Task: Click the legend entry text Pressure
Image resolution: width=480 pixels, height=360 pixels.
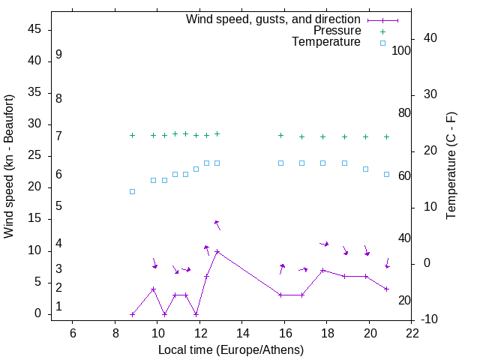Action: click(x=337, y=31)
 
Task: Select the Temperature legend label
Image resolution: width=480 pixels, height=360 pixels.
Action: click(x=326, y=43)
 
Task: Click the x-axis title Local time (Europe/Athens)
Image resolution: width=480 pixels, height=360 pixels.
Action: click(x=231, y=350)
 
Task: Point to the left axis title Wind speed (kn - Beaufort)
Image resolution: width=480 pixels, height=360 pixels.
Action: click(x=9, y=166)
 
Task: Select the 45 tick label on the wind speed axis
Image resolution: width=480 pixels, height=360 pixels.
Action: click(x=34, y=29)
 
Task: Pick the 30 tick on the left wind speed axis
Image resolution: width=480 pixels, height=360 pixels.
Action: click(x=34, y=124)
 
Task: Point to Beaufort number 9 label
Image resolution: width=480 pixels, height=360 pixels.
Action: click(x=58, y=55)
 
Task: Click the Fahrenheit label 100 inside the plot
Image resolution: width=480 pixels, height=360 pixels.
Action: click(x=401, y=51)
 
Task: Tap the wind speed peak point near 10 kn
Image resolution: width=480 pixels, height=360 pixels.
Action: click(x=217, y=251)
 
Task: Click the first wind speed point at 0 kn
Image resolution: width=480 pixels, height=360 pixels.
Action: click(x=132, y=314)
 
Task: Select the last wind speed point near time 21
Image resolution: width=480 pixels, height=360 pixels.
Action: click(x=386, y=289)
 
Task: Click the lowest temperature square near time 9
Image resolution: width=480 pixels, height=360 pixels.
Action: click(x=132, y=191)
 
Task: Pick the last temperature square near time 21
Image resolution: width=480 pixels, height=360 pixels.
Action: click(x=386, y=174)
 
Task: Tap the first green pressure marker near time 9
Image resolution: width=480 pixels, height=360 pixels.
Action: click(x=132, y=135)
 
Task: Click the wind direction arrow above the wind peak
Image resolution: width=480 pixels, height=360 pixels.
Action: click(x=217, y=225)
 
